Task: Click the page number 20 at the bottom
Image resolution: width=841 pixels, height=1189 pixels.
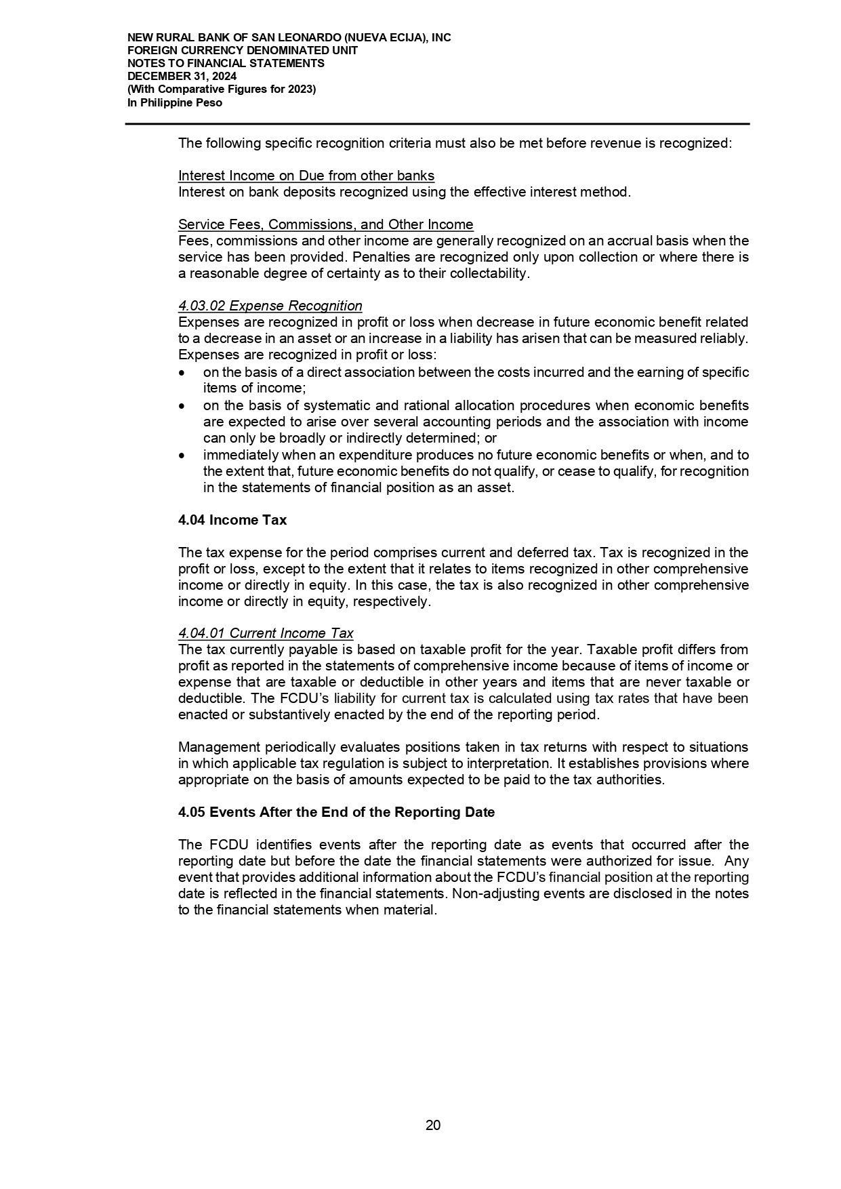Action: coord(432,1125)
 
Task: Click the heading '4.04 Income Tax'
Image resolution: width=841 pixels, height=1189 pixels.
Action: coord(232,520)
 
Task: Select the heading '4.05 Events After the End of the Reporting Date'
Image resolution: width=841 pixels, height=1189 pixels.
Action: coord(336,812)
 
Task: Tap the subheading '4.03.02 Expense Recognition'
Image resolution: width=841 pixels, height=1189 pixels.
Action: coord(270,306)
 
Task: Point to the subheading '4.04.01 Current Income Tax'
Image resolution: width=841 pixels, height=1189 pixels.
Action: coord(266,633)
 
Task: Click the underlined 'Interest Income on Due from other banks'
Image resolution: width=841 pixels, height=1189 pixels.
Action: coord(306,176)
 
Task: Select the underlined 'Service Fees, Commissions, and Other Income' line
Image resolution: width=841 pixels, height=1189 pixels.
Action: coord(325,224)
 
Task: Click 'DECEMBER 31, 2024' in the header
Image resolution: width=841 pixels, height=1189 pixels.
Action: coord(182,77)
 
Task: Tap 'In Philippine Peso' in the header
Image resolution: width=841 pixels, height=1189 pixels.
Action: coord(175,103)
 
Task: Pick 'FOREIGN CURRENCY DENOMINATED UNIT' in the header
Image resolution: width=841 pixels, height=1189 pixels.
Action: coord(243,51)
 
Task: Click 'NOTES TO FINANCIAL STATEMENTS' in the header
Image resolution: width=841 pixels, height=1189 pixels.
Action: coord(226,64)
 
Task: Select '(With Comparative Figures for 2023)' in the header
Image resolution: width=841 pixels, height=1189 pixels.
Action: coord(222,89)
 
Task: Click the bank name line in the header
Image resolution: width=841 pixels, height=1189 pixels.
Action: coord(289,38)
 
